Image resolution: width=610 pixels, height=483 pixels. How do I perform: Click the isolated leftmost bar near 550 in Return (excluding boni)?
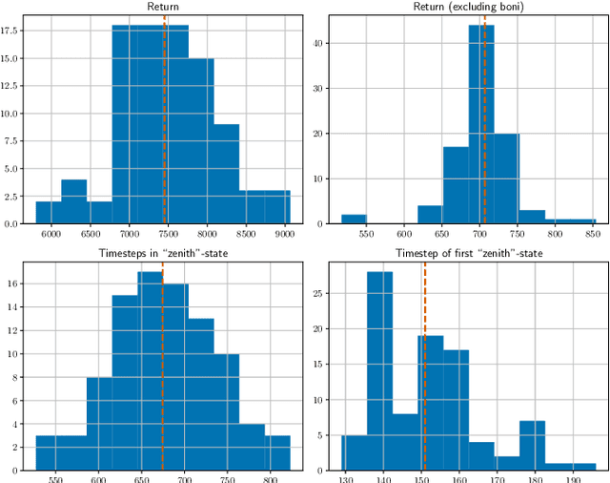pos(354,219)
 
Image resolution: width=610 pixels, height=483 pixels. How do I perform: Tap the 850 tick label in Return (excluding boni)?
pos(591,234)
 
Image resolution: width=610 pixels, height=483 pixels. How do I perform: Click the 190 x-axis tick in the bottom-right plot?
pos(570,479)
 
